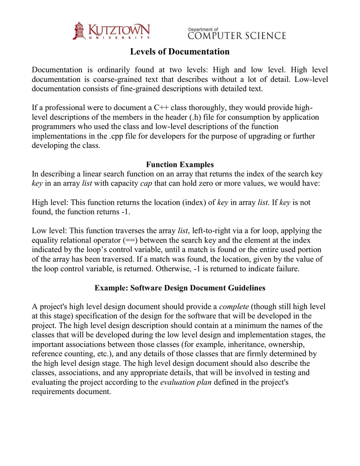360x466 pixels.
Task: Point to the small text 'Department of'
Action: click(x=203, y=29)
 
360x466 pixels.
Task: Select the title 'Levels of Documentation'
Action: click(x=180, y=51)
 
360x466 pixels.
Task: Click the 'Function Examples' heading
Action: click(x=180, y=164)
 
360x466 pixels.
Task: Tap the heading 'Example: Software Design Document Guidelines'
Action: click(x=180, y=288)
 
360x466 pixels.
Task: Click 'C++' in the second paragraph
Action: click(x=161, y=108)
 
